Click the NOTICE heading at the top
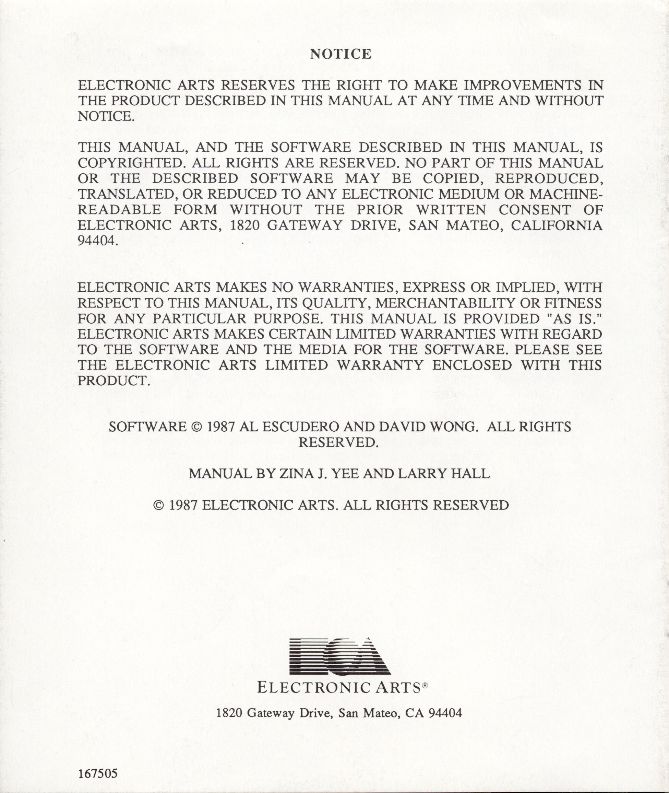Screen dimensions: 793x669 pyautogui.click(x=341, y=54)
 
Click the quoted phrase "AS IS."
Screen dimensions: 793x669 pyautogui.click(x=575, y=319)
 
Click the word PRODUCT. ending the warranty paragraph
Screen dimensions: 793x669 pyautogui.click(x=112, y=381)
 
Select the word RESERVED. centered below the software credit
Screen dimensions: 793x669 pyautogui.click(x=338, y=442)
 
